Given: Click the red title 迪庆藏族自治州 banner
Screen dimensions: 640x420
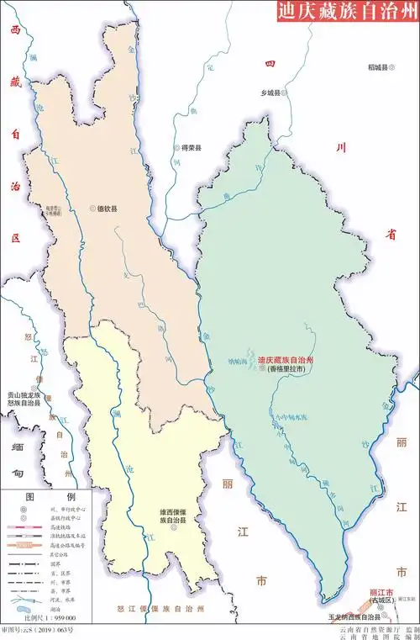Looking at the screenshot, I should [x=347, y=12].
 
